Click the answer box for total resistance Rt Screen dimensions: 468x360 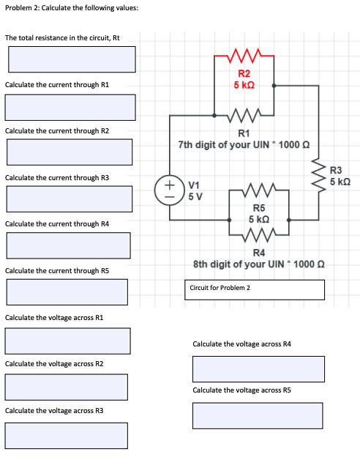(72, 59)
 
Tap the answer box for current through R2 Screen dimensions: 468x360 (70, 152)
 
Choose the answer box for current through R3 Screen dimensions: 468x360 (70, 199)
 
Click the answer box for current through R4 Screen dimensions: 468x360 (70, 245)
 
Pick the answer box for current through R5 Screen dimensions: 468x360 (70, 292)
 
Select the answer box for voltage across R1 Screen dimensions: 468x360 (67, 340)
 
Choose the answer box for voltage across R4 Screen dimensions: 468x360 (258, 368)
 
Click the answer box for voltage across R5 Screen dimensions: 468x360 (258, 415)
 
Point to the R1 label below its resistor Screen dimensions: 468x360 (244, 133)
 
